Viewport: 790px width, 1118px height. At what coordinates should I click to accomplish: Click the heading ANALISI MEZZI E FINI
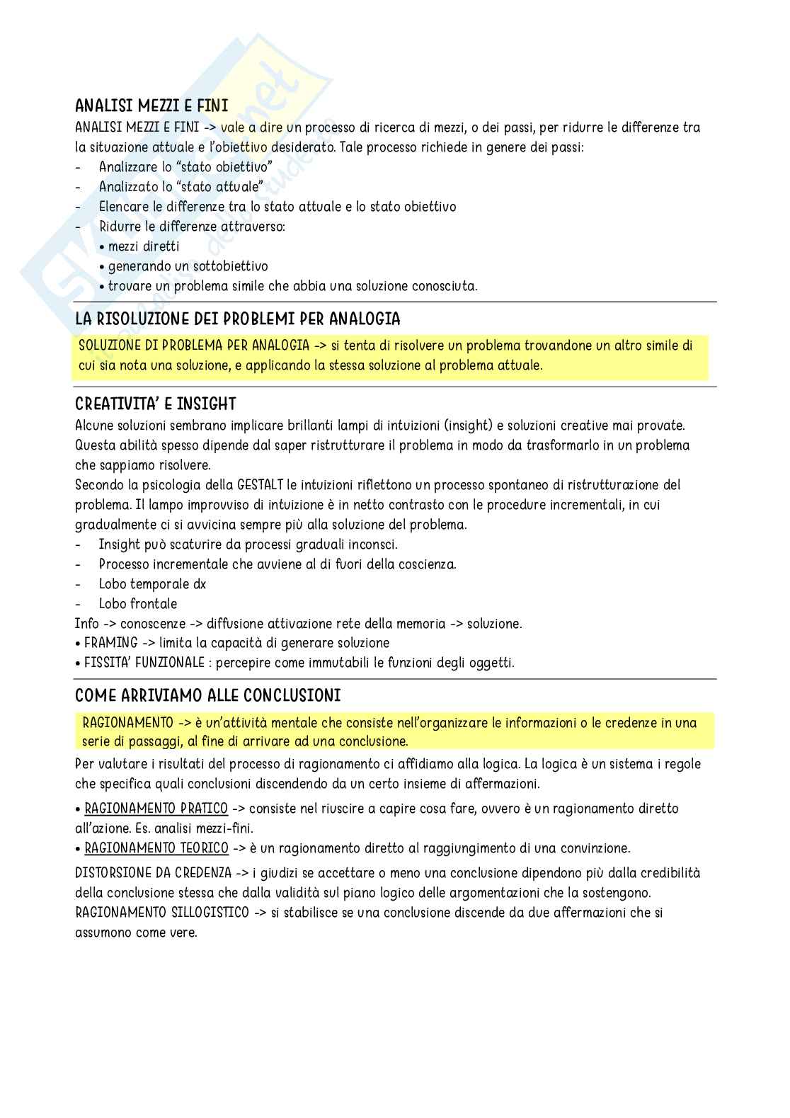tap(151, 106)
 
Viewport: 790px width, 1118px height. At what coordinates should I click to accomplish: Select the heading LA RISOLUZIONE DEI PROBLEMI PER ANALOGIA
tap(237, 319)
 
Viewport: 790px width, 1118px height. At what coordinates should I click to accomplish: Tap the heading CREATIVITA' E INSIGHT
tap(155, 404)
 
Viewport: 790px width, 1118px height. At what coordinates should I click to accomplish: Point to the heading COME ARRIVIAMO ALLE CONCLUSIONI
tap(207, 696)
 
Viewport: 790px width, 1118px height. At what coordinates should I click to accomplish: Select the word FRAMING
tap(110, 643)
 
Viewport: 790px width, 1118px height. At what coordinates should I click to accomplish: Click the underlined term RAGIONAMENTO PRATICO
tap(156, 809)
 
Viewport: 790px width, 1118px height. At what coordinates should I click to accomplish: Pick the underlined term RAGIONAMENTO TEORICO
tap(156, 848)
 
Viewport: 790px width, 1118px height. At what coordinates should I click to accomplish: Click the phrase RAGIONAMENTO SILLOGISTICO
tap(161, 913)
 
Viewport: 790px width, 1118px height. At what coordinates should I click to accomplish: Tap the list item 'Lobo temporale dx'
tap(152, 584)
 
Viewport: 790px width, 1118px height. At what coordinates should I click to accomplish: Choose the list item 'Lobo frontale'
tap(137, 604)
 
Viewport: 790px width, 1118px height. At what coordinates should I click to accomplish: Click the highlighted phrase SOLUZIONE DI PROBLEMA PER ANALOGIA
tap(194, 346)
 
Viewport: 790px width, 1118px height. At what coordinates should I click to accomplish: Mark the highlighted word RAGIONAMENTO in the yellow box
tap(127, 723)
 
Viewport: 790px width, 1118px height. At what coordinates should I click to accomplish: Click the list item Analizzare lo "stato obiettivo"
tap(185, 167)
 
